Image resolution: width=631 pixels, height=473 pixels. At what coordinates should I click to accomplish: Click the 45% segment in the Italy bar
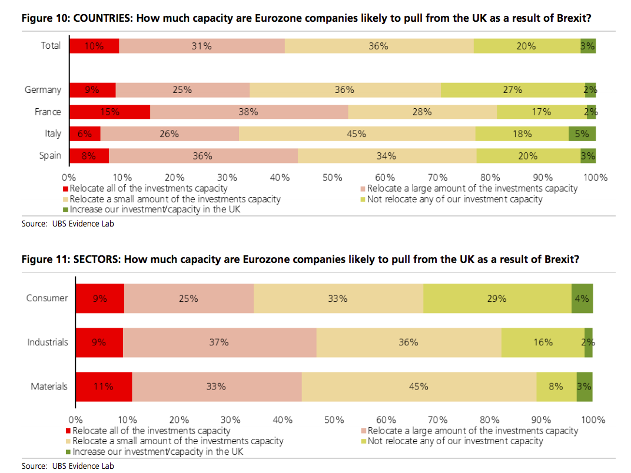click(x=357, y=134)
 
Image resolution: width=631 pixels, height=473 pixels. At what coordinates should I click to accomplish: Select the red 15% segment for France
click(x=110, y=112)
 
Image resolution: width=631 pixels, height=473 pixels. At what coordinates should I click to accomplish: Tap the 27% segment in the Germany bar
click(x=513, y=90)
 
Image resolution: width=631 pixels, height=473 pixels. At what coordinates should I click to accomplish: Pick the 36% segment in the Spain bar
click(x=203, y=156)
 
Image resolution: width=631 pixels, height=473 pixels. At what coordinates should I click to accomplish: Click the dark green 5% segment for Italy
click(x=582, y=134)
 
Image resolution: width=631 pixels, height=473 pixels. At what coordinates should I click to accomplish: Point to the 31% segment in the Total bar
click(x=202, y=46)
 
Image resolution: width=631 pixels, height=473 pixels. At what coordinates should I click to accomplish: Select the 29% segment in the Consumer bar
click(x=497, y=298)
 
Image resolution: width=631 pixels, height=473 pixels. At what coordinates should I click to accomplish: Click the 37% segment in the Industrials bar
click(x=219, y=342)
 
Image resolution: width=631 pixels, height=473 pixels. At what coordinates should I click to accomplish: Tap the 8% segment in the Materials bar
click(x=556, y=387)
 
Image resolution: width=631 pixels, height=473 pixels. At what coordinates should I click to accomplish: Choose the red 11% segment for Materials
click(x=104, y=387)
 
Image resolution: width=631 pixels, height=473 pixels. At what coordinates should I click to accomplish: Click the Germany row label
click(x=43, y=90)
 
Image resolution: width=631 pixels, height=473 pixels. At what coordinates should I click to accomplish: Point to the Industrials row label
click(x=48, y=342)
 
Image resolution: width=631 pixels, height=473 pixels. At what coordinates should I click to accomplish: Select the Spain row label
click(x=50, y=156)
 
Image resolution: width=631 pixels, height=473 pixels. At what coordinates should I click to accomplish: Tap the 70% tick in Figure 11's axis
click(x=438, y=420)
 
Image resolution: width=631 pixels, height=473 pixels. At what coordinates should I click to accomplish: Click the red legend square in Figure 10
click(x=66, y=189)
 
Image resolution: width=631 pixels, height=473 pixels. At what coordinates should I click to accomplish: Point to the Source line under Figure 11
click(x=68, y=466)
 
